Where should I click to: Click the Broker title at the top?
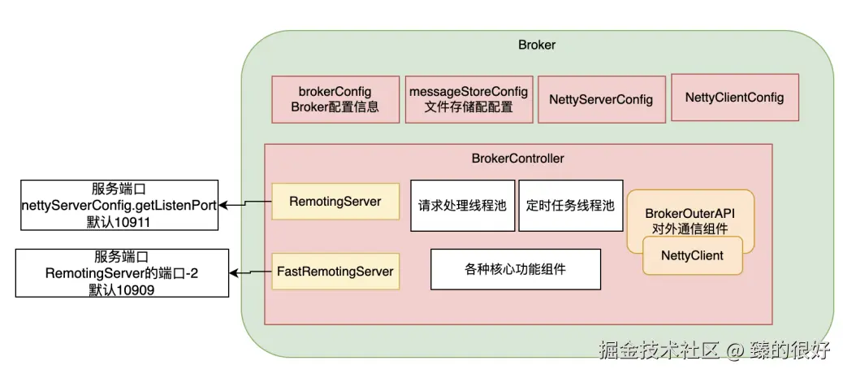click(x=537, y=45)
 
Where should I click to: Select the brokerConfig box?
click(x=335, y=99)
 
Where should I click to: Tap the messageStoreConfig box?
click(x=469, y=99)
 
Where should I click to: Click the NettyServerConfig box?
click(x=600, y=99)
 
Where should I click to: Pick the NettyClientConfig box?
click(x=734, y=98)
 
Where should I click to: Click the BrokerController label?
click(x=517, y=157)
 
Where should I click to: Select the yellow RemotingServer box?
click(x=335, y=201)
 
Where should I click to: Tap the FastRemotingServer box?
click(x=335, y=271)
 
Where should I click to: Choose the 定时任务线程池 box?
click(x=570, y=205)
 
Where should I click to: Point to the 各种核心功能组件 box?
click(x=515, y=269)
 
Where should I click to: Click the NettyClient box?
click(x=692, y=255)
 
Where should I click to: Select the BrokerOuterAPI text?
click(x=690, y=214)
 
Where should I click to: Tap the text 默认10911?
click(x=119, y=221)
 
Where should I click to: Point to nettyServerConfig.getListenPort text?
click(x=119, y=205)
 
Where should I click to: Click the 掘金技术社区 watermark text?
click(x=659, y=350)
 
